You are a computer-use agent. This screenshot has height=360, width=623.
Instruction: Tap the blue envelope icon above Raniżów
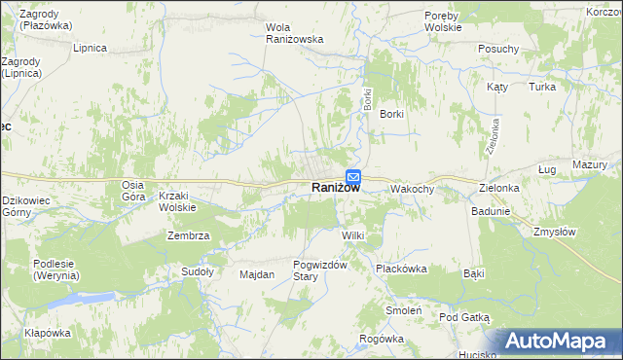[x=353, y=177]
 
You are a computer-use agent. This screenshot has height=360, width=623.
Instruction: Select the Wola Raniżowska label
[x=294, y=33]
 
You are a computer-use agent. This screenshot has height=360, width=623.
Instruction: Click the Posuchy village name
[x=497, y=49]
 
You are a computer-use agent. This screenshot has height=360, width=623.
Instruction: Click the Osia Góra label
[x=131, y=189]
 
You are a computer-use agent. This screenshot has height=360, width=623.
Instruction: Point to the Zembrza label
[x=188, y=235]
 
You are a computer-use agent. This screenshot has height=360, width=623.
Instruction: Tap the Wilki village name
[x=352, y=235]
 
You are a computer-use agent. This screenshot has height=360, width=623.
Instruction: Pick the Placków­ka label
[x=402, y=270]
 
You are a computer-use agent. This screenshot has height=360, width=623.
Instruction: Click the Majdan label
[x=257, y=274]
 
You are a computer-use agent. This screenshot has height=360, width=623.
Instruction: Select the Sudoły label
[x=198, y=272]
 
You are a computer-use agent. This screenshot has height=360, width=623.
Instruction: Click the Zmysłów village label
[x=555, y=233]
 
